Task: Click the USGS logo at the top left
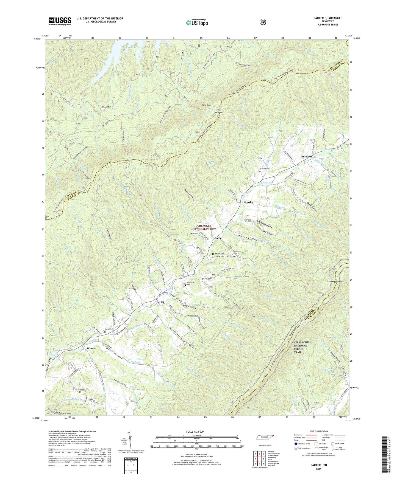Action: point(60,21)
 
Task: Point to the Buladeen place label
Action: point(307,156)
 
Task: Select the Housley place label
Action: point(248,202)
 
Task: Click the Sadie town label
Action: point(218,238)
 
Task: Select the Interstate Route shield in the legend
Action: point(296,444)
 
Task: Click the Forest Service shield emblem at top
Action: point(263,22)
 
